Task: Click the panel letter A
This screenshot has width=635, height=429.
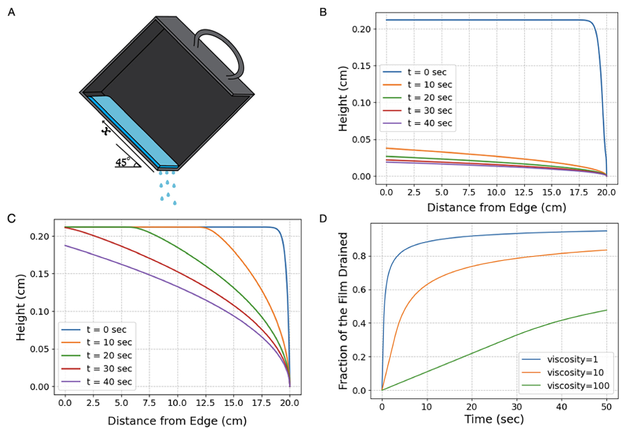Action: [x=11, y=12]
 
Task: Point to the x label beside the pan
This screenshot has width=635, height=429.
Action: [x=106, y=130]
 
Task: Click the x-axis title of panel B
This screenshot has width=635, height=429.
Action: [x=495, y=206]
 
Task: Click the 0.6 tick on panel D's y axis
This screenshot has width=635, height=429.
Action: [x=363, y=290]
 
